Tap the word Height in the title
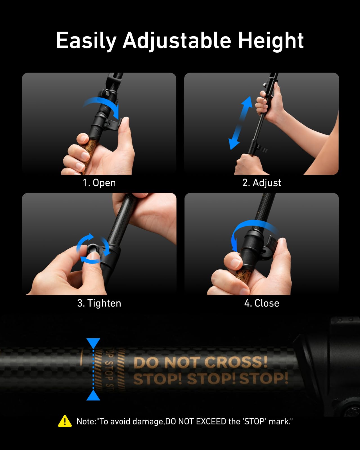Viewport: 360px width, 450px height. pyautogui.click(x=271, y=41)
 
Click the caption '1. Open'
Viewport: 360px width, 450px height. pyautogui.click(x=99, y=183)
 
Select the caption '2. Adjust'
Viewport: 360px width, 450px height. pyautogui.click(x=262, y=183)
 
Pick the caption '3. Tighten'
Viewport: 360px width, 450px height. pyautogui.click(x=99, y=303)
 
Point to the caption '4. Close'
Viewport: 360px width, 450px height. pyautogui.click(x=262, y=303)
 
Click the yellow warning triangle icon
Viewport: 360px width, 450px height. pyautogui.click(x=65, y=421)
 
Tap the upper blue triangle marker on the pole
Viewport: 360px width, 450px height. pyautogui.click(x=93, y=343)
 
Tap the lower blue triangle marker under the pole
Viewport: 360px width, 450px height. pyautogui.click(x=93, y=395)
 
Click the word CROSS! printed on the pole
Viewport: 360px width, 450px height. pyautogui.click(x=236, y=362)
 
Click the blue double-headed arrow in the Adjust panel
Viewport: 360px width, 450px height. pyautogui.click(x=240, y=123)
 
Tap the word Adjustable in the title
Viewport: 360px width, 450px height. pyautogui.click(x=177, y=41)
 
